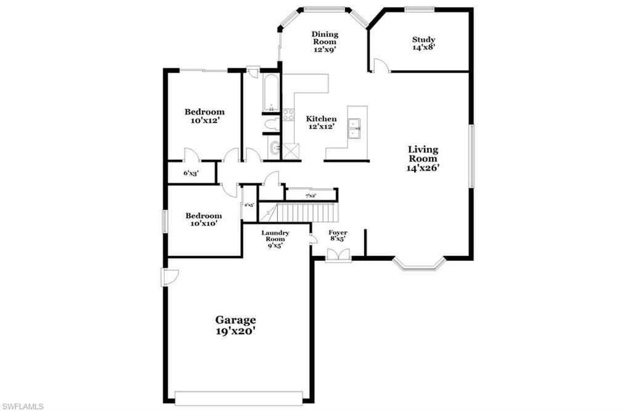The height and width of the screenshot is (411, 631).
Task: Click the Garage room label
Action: pyautogui.click(x=235, y=325)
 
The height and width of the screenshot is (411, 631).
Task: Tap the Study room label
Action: pyautogui.click(x=423, y=44)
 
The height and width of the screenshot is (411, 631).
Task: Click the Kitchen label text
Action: pyautogui.click(x=322, y=122)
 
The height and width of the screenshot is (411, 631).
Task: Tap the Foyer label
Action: pyautogui.click(x=337, y=236)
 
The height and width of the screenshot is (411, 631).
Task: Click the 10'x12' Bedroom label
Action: pyautogui.click(x=205, y=116)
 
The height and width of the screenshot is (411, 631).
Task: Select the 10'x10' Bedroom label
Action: pyautogui.click(x=203, y=220)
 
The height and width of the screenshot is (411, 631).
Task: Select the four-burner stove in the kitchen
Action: pyautogui.click(x=288, y=114)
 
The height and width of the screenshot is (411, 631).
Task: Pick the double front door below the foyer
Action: pyautogui.click(x=338, y=255)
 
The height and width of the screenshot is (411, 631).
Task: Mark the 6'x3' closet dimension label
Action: pyautogui.click(x=190, y=174)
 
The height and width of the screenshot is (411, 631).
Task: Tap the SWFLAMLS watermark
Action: pyautogui.click(x=22, y=405)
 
